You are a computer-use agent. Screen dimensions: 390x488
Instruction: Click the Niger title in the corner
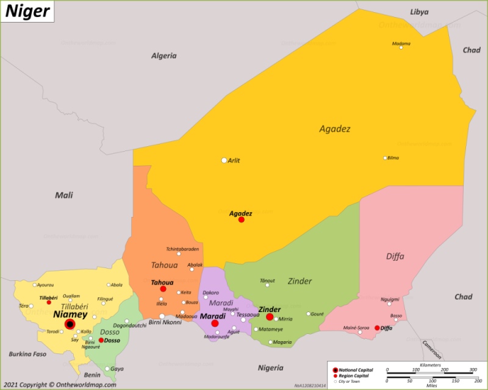pos(28,10)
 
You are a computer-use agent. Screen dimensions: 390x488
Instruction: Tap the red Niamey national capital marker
pos(70,325)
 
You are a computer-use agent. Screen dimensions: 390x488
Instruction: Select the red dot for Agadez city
pos(241,219)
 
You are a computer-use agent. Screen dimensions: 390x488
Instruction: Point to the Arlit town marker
pos(224,160)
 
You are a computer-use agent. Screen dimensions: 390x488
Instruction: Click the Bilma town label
pos(393,158)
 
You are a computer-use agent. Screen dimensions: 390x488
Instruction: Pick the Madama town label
pos(401,43)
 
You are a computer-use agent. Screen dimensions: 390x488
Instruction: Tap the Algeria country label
pos(163,55)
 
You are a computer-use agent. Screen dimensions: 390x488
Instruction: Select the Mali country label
pos(64,195)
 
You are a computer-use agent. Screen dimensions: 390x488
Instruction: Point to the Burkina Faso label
pos(27,353)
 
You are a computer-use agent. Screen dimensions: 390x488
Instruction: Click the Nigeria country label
pos(270,367)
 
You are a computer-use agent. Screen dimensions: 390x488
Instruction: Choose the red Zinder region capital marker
pos(270,317)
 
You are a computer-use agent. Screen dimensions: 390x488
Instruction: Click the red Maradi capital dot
pos(215,324)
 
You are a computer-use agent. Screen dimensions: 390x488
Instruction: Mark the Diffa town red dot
pos(377,328)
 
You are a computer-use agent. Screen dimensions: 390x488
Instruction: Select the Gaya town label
pos(117,369)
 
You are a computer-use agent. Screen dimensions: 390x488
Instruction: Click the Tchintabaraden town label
pos(182,249)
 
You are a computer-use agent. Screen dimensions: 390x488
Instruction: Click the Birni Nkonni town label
pos(165,322)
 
